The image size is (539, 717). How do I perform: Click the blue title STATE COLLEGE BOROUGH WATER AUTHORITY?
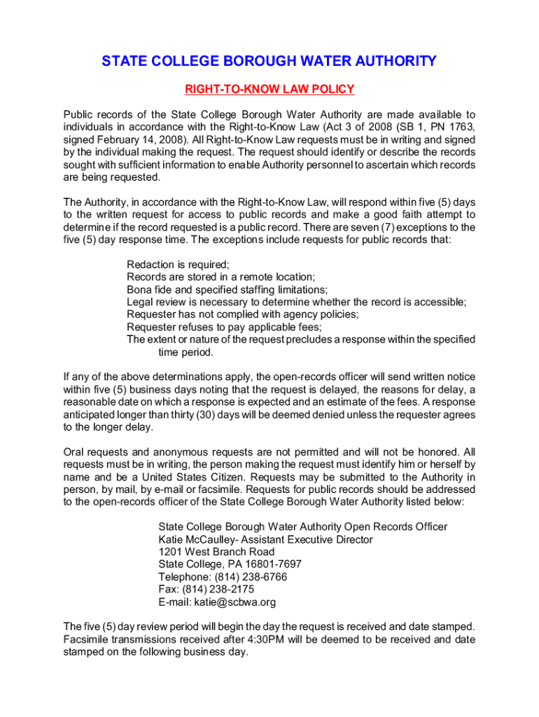pyautogui.click(x=269, y=62)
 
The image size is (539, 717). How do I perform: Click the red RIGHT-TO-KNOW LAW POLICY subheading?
pyautogui.click(x=269, y=89)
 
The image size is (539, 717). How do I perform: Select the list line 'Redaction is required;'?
pyautogui.click(x=178, y=265)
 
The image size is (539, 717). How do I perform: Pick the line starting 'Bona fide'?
pyautogui.click(x=227, y=290)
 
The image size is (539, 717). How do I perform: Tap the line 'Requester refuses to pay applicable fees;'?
pyautogui.click(x=224, y=327)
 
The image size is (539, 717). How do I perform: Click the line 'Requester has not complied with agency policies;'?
pyautogui.click(x=242, y=314)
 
